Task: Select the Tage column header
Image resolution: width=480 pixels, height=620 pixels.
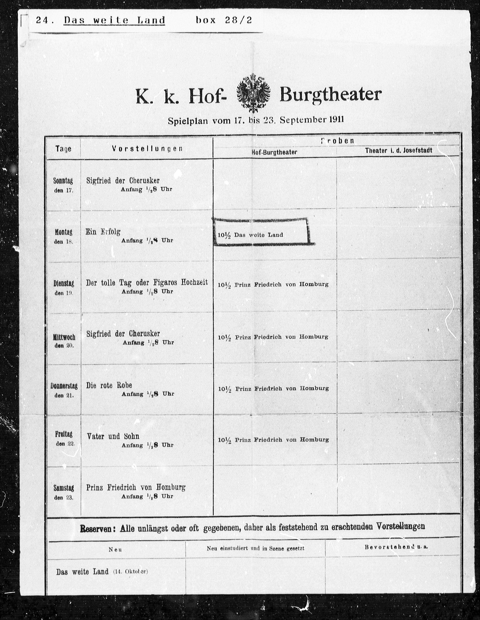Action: tap(63, 149)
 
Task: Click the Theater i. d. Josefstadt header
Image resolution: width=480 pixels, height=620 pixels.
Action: tap(398, 150)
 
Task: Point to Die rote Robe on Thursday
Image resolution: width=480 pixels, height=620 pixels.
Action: tap(109, 385)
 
